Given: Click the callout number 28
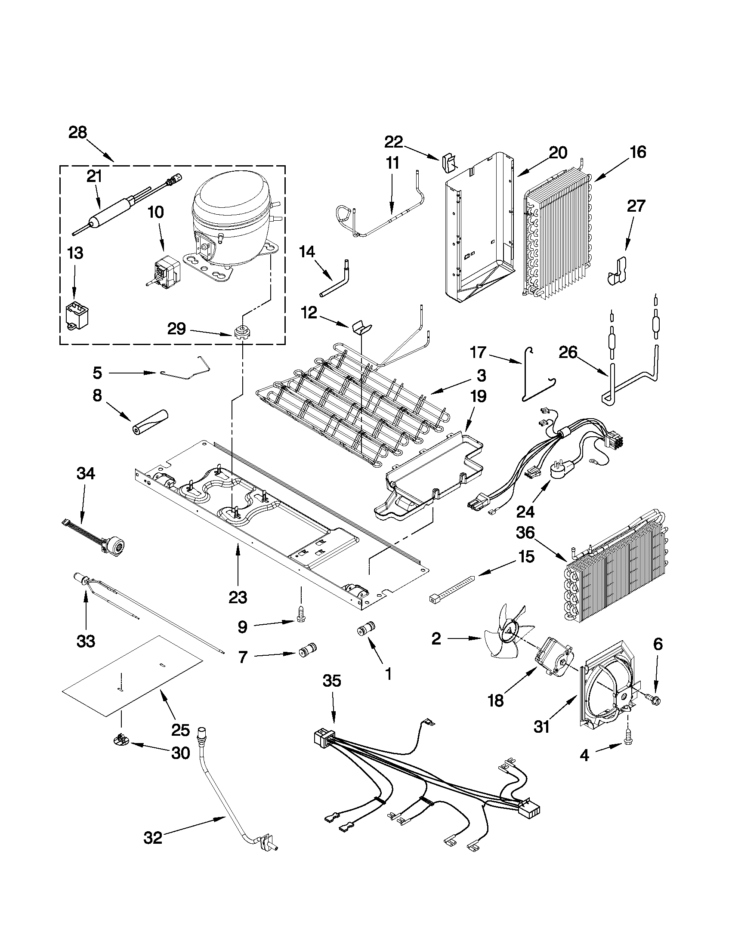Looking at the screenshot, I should click(77, 133).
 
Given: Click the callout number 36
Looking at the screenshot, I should click(525, 533).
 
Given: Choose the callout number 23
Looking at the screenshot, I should click(238, 597).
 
